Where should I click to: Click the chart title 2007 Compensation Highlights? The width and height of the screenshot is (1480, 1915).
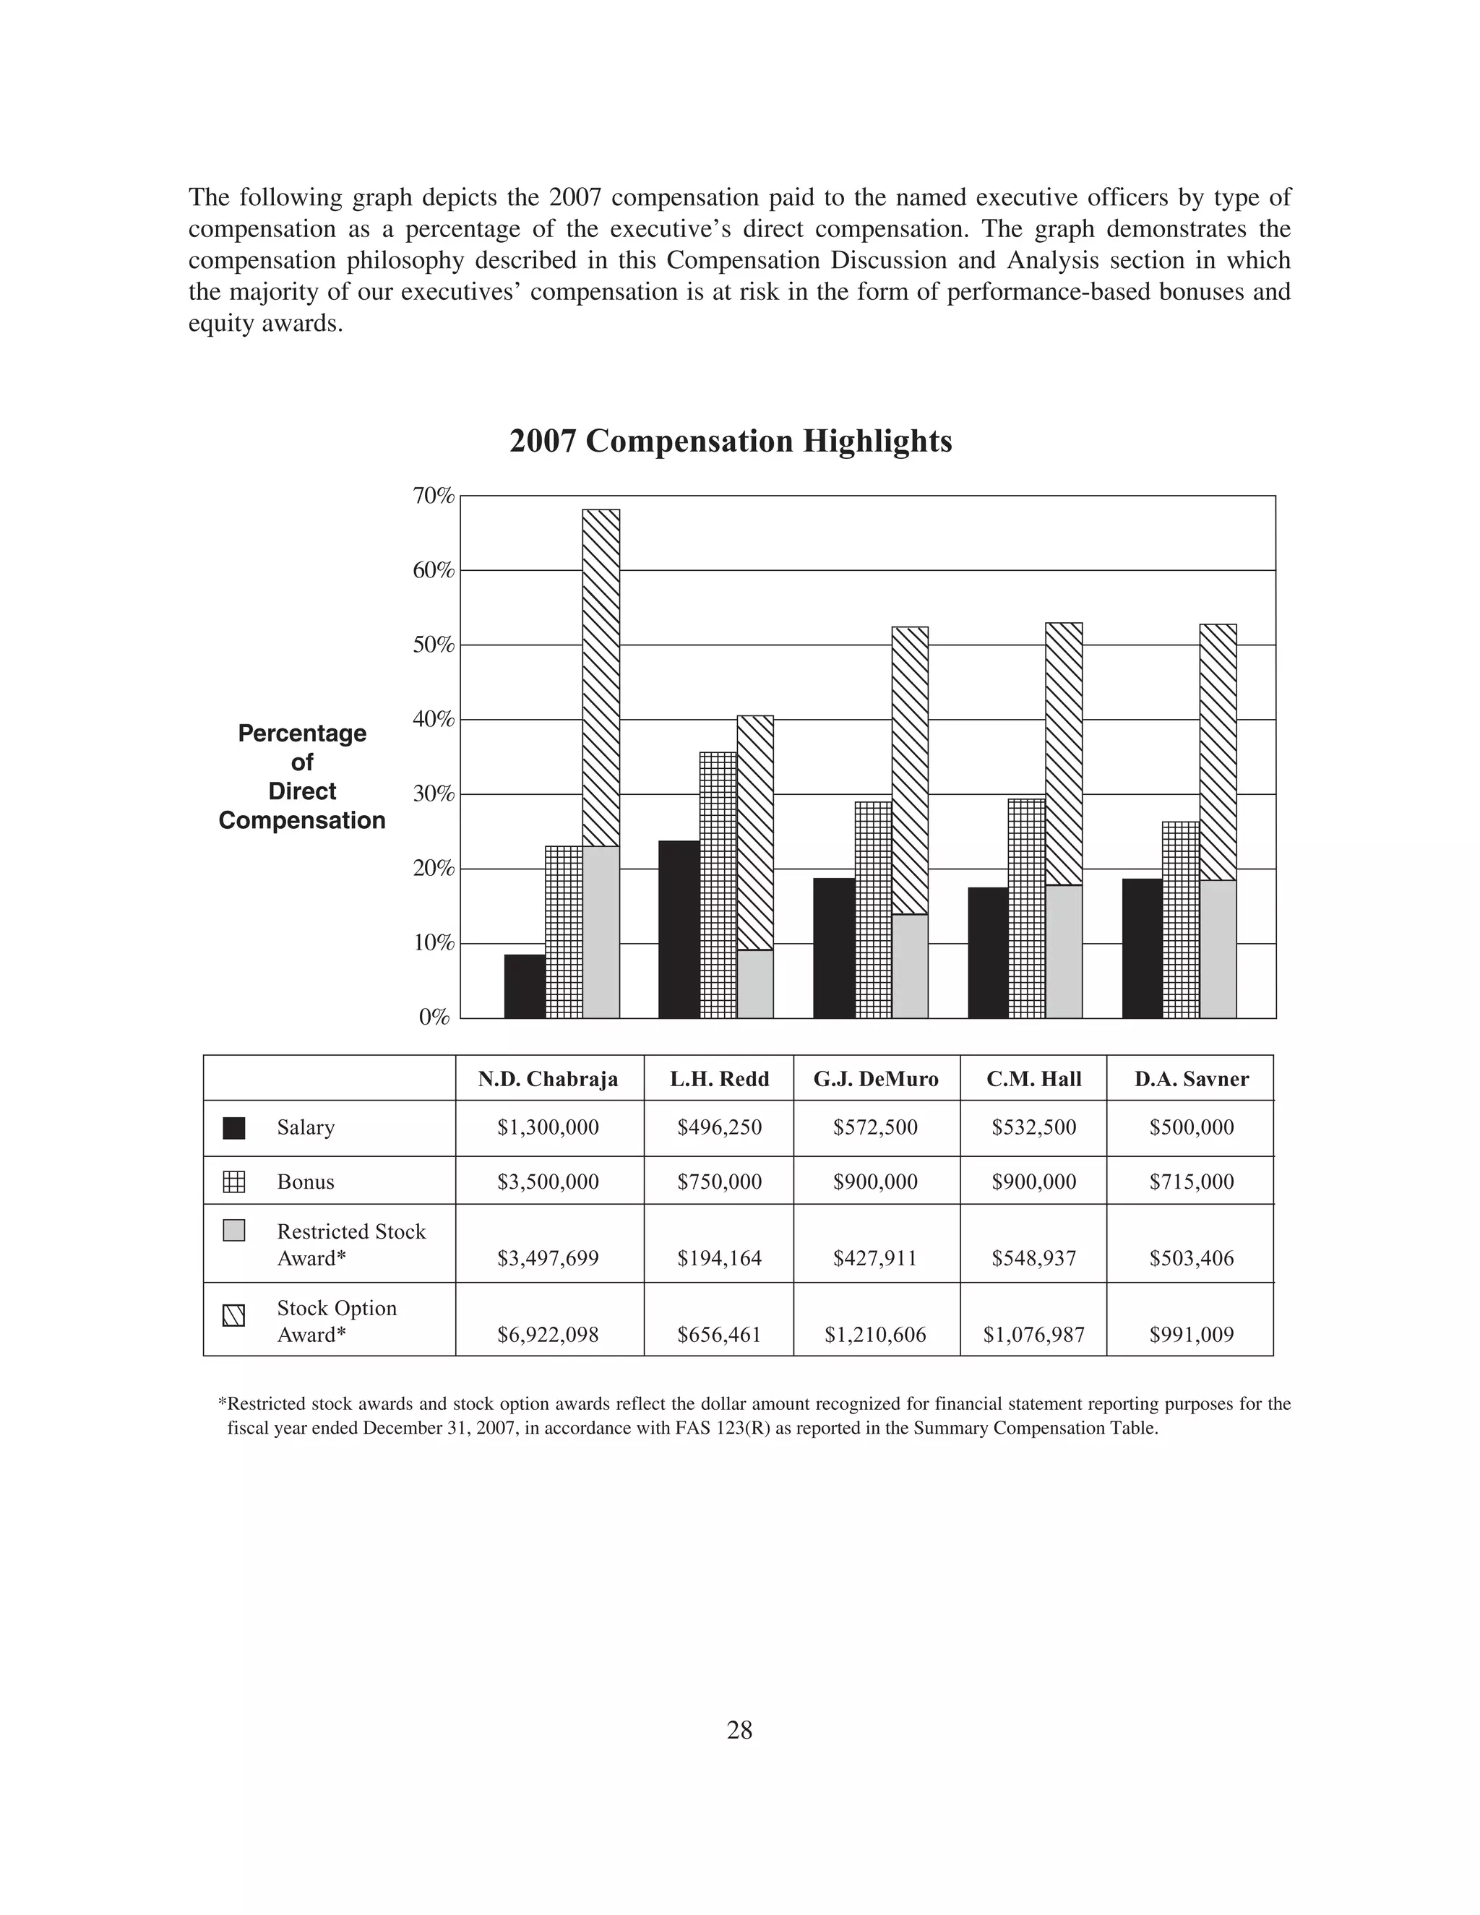point(731,441)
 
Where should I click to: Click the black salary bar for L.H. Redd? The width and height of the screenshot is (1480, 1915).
point(679,929)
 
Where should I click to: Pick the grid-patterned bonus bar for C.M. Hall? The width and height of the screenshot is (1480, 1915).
point(1026,908)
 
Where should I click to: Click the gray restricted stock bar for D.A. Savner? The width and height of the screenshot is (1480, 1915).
point(1218,949)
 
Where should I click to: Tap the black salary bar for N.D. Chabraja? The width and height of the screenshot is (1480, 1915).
point(525,986)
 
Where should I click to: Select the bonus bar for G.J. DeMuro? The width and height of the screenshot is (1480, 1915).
point(872,909)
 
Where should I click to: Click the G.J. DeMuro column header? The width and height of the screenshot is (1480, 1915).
point(875,1080)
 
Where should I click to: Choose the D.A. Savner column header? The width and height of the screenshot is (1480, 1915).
point(1191,1080)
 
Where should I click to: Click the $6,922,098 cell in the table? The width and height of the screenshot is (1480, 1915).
point(548,1335)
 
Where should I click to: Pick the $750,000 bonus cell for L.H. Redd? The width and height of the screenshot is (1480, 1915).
point(719,1182)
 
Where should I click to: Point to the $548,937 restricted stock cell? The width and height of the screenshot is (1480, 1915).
point(1033,1259)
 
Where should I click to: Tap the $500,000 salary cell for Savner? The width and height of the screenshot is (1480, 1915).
point(1191,1127)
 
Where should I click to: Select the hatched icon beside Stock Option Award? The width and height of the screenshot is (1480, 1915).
point(234,1316)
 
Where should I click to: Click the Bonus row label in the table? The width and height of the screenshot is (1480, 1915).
point(305,1182)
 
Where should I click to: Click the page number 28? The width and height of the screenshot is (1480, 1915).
point(739,1731)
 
